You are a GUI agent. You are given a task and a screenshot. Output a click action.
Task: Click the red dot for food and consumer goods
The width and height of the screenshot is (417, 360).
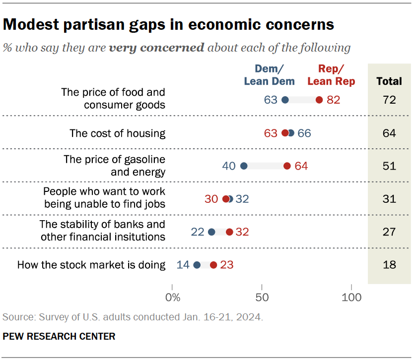[319, 100]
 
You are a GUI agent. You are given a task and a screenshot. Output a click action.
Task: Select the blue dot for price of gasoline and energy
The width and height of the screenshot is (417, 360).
[244, 166]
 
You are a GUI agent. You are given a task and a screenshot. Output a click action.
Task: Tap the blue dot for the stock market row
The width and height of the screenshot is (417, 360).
[197, 265]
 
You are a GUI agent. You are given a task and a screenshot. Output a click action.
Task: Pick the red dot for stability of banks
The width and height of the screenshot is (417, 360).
[229, 232]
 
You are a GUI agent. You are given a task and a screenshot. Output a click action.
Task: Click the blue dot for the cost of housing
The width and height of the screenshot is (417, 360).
[290, 133]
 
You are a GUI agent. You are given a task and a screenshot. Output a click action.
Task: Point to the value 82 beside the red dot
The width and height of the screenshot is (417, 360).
[334, 100]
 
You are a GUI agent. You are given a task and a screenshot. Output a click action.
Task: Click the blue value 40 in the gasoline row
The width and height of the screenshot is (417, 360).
[229, 166]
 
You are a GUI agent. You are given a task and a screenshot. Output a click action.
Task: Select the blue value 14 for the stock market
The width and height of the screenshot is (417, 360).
[183, 265]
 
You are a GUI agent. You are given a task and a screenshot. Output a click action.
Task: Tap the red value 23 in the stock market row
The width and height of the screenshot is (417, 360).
[227, 265]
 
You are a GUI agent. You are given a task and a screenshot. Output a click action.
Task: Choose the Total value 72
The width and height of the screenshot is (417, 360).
[389, 100]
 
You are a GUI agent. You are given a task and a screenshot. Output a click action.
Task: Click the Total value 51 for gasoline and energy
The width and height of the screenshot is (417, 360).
[389, 166]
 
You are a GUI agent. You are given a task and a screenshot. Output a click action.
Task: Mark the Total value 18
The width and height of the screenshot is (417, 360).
[389, 265]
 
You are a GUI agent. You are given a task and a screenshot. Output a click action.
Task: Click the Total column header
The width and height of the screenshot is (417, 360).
[389, 81]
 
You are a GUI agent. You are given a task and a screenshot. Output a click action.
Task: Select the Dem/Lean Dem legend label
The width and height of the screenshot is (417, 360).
[269, 75]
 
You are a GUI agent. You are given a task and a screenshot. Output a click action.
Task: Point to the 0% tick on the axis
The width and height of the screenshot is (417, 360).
[172, 298]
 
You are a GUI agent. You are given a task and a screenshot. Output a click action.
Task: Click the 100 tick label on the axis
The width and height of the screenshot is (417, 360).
[351, 298]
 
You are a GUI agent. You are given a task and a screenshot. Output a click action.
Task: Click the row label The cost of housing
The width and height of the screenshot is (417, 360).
[117, 133]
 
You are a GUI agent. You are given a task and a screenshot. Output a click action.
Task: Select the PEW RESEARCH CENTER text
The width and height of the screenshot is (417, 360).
[59, 336]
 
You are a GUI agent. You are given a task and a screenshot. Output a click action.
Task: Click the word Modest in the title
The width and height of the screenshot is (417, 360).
[29, 24]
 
